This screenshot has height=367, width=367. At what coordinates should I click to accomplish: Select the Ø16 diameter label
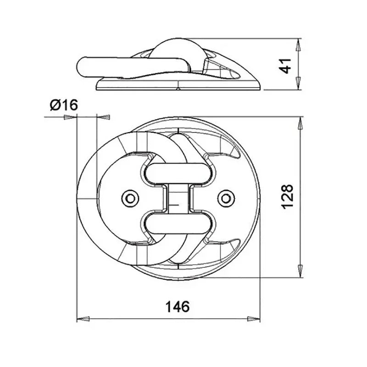(x=63, y=106)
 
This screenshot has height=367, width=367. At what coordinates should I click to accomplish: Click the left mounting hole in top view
(x=130, y=198)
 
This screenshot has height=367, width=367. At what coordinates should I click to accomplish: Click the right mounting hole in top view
(x=225, y=198)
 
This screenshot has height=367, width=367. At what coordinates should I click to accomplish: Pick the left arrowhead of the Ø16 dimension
(x=70, y=117)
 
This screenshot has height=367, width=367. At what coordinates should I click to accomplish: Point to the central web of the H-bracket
(x=178, y=198)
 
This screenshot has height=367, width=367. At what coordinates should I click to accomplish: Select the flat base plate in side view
(x=179, y=86)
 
